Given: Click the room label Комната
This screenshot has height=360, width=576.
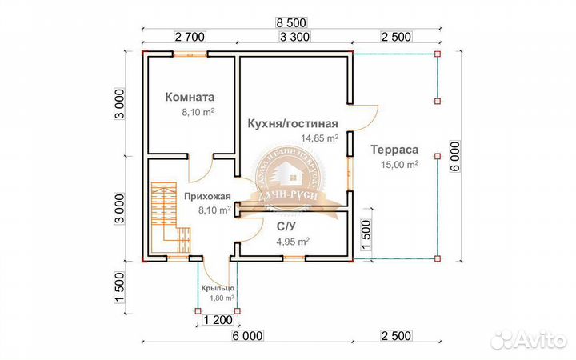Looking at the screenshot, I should click(190, 98).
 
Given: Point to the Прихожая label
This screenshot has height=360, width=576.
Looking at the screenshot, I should click(207, 196).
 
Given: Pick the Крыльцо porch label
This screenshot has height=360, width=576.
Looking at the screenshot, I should click(217, 287).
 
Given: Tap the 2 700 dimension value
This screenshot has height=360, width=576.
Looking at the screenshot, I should click(190, 37).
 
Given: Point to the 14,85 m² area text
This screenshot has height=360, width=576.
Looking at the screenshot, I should click(319, 138).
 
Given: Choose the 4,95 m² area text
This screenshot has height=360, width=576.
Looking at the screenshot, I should click(293, 240).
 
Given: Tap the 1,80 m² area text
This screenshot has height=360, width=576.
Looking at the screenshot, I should click(220, 298).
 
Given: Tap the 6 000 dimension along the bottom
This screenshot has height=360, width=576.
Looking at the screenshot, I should click(249, 337).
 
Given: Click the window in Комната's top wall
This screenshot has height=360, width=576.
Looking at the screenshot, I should click(190, 54).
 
